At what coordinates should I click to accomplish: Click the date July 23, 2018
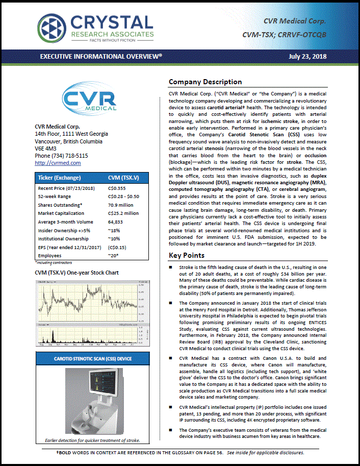click(x=307, y=57)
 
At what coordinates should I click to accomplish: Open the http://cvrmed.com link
click(x=58, y=163)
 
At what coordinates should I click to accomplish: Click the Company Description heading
click(x=205, y=82)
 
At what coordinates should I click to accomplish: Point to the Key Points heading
click(x=187, y=255)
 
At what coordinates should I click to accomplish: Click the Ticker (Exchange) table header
click(x=59, y=178)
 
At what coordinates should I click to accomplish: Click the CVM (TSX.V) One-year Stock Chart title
click(x=76, y=273)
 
